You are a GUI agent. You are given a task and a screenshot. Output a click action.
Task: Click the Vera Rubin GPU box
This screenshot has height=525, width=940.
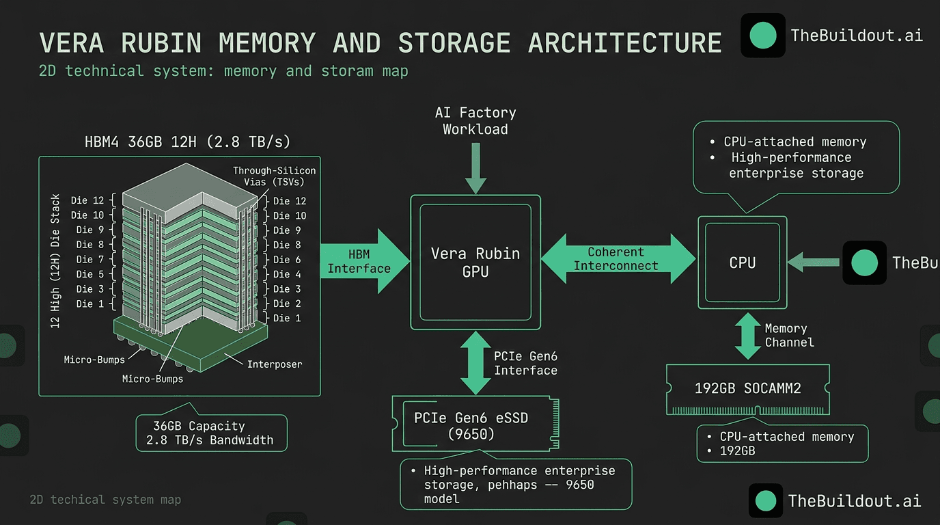click(475, 262)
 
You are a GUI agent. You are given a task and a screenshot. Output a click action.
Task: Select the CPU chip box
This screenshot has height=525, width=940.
click(742, 262)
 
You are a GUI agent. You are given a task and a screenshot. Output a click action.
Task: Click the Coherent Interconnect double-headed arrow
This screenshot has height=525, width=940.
click(617, 259)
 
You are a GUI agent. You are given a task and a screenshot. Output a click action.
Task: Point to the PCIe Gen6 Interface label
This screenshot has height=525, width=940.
click(525, 363)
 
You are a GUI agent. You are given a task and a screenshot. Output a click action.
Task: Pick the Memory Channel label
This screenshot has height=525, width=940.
click(788, 336)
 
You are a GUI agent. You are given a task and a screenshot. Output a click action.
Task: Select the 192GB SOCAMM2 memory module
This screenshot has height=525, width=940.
click(747, 388)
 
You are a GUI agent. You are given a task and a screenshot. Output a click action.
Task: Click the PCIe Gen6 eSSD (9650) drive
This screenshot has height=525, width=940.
click(471, 425)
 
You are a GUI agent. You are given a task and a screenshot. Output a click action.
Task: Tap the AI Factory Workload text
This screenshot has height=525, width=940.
click(475, 121)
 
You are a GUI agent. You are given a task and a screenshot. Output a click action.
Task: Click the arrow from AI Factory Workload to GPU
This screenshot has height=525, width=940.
click(475, 167)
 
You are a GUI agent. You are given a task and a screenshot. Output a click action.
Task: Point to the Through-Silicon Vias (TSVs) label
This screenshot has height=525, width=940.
click(274, 176)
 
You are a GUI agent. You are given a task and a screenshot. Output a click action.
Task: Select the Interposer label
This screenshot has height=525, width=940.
click(274, 364)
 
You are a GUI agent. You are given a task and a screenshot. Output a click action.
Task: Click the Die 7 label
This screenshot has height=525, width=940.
click(89, 259)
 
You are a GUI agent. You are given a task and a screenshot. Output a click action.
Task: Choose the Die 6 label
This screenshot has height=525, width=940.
click(287, 259)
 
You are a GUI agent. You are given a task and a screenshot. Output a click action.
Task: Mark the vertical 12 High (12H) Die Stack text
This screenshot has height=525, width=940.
click(55, 260)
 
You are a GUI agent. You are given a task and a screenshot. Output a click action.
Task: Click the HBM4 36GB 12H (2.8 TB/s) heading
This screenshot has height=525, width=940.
click(187, 142)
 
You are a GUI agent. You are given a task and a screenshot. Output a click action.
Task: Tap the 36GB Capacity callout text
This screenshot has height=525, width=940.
click(199, 426)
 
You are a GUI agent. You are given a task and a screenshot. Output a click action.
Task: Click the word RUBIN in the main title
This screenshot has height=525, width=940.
click(161, 42)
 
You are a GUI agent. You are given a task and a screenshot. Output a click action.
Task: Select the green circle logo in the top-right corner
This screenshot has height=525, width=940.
click(762, 36)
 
